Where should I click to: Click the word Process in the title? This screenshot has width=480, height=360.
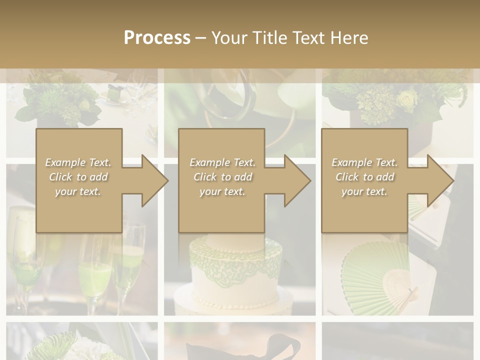coord(157,38)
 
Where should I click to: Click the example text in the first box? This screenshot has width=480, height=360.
coord(78,177)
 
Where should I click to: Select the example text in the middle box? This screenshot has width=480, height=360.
coord(222,177)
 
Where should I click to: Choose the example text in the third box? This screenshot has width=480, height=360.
coord(364,177)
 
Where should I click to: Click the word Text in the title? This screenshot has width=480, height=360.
coord(306,38)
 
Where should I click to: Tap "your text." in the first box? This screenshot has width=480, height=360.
coord(78,191)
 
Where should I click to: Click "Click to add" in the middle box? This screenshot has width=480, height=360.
coord(222,177)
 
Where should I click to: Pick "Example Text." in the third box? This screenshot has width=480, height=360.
coord(364,162)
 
